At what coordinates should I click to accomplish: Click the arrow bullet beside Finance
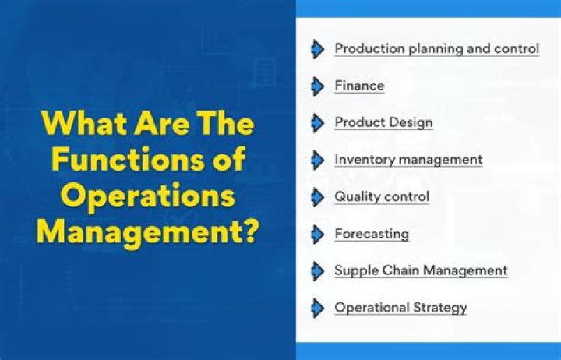[x=317, y=86]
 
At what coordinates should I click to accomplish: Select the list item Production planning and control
[x=436, y=48]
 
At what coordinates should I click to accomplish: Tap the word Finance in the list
[x=359, y=86]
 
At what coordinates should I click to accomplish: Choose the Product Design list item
[x=383, y=122]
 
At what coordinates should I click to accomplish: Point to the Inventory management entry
[x=408, y=160]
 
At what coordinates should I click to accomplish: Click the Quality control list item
[x=382, y=196]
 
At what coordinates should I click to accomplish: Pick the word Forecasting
[x=372, y=234]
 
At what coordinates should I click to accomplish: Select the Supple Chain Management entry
[x=421, y=270]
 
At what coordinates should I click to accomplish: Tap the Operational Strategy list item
[x=400, y=307]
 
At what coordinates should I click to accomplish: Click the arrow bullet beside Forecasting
[x=317, y=234]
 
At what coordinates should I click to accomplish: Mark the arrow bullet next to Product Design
[x=317, y=122]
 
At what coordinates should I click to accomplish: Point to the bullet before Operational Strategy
[x=317, y=307]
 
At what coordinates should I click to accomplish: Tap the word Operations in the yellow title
[x=146, y=196]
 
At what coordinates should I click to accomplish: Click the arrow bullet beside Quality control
[x=317, y=196]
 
